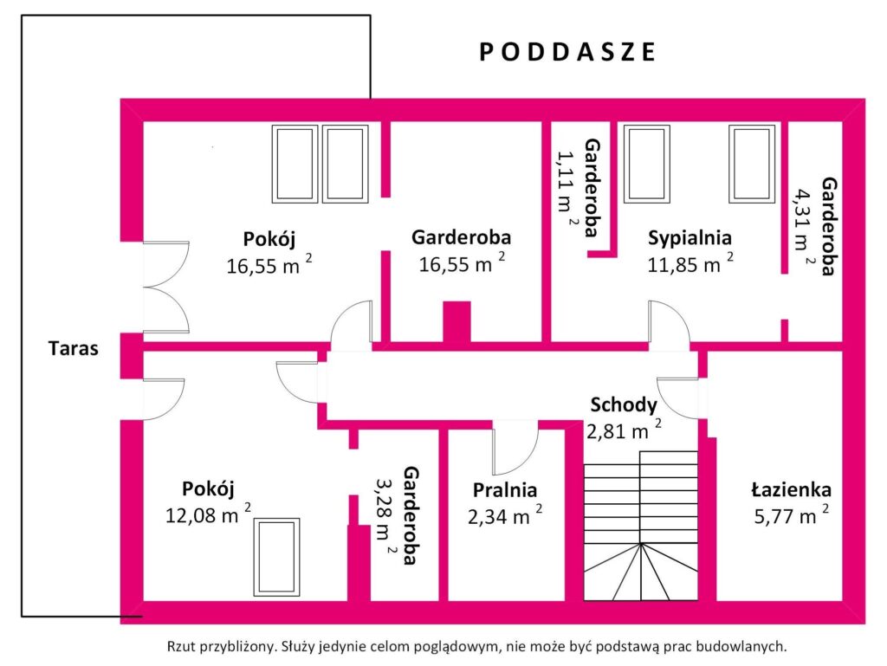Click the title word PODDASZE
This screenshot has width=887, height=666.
pyautogui.click(x=567, y=52)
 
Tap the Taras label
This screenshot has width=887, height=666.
pyautogui.click(x=74, y=350)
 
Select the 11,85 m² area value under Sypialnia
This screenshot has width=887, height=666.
pyautogui.click(x=690, y=264)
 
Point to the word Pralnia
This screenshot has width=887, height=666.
pyautogui.click(x=505, y=490)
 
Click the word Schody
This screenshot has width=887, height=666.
pyautogui.click(x=624, y=404)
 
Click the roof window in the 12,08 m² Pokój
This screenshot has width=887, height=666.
pyautogui.click(x=276, y=557)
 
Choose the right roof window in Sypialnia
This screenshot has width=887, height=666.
pyautogui.click(x=752, y=164)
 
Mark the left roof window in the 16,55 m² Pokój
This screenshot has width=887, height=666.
pyautogui.click(x=295, y=164)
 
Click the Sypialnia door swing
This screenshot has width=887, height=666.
pyautogui.click(x=669, y=324)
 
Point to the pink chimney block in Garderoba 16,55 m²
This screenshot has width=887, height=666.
pyautogui.click(x=456, y=321)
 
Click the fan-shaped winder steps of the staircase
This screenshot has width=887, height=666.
pyautogui.click(x=640, y=572)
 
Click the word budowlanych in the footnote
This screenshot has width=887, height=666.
pyautogui.click(x=744, y=646)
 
